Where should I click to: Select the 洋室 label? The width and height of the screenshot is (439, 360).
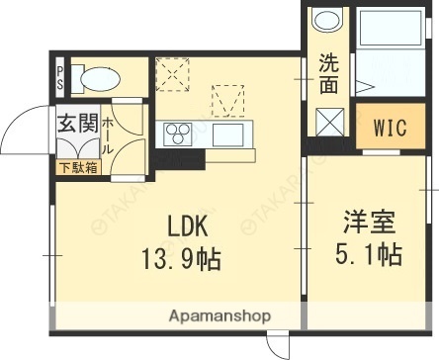point(368,219)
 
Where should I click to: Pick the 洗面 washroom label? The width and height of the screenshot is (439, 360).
point(327,73)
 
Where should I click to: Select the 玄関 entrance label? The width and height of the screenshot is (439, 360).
point(75,126)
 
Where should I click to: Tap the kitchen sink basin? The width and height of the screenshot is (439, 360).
point(228,133)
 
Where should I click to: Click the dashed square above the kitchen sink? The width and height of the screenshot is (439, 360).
point(228,100)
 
